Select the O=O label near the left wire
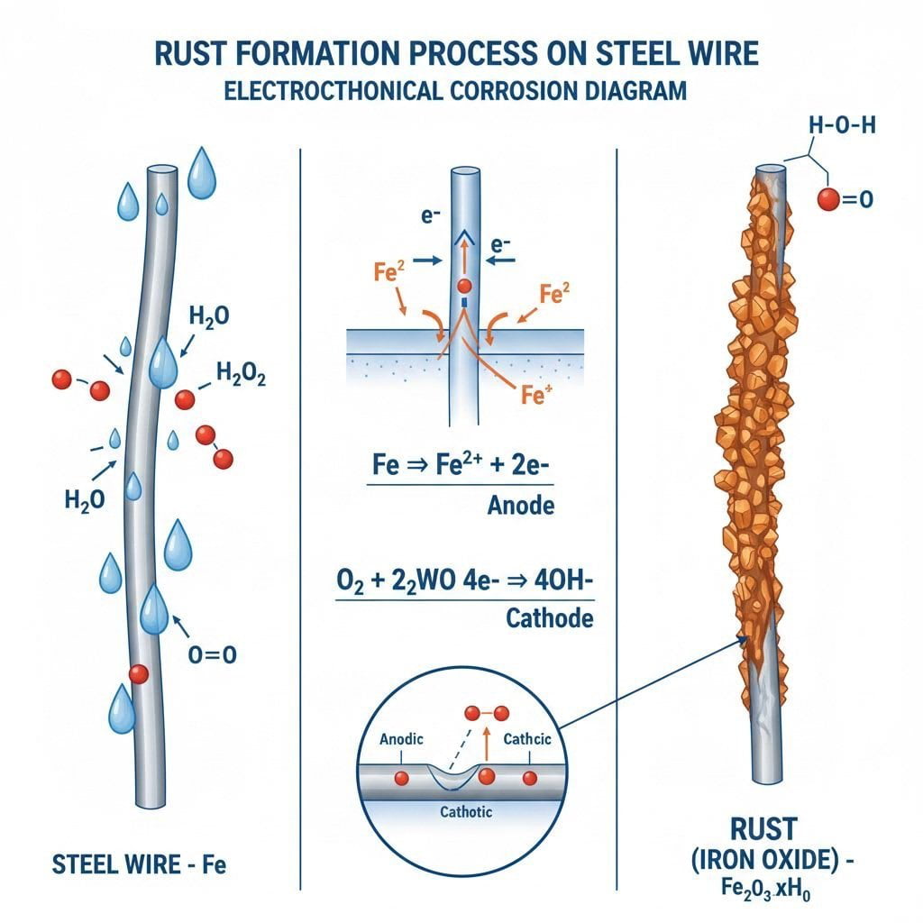(x=213, y=655)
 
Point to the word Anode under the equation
(x=520, y=506)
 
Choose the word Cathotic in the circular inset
(x=465, y=812)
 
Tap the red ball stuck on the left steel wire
(x=138, y=673)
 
